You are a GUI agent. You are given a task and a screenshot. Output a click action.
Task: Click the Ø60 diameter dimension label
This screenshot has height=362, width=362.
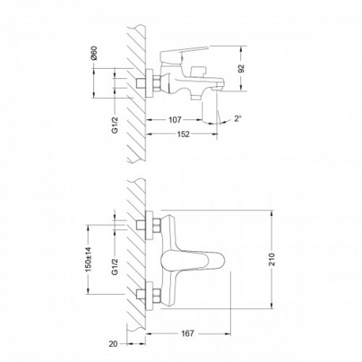click(94, 53)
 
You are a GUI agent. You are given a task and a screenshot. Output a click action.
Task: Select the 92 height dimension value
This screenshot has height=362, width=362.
click(241, 69)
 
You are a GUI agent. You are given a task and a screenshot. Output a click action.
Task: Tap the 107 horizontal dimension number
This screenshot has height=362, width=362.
click(175, 120)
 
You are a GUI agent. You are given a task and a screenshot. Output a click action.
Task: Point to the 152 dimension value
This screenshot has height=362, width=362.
click(183, 134)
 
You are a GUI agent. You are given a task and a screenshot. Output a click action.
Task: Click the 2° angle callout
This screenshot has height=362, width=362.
click(238, 119)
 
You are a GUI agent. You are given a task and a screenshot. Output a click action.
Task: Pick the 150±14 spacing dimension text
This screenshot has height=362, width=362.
click(89, 259)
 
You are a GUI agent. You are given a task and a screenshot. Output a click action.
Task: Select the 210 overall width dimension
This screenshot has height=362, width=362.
click(272, 259)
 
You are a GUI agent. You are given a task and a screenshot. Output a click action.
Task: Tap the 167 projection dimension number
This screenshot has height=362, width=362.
click(187, 334)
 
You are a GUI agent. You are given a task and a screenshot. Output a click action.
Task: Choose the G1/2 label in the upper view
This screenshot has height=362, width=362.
click(115, 126)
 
